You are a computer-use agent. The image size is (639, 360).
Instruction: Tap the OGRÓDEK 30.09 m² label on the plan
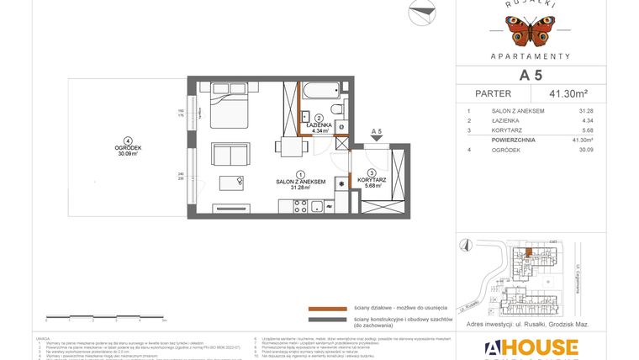coord(127,151)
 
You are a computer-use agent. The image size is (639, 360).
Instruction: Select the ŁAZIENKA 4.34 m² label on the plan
coord(319,128)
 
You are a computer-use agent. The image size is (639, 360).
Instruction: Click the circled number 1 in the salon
coord(288,173)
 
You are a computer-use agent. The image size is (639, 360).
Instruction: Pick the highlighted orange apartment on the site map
coord(527,251)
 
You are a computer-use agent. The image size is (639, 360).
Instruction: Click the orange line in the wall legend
coord(328,309)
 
